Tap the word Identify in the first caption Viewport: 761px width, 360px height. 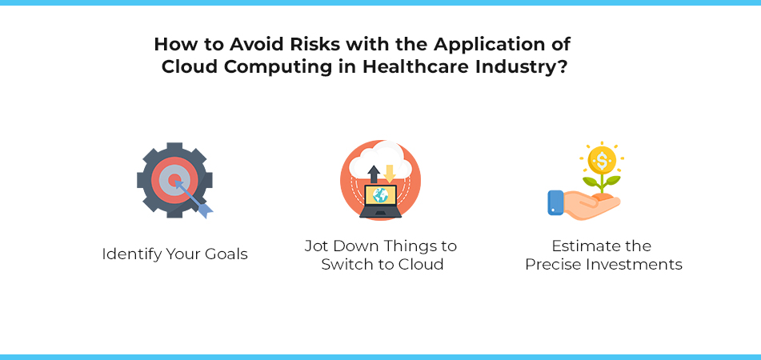pyautogui.click(x=130, y=254)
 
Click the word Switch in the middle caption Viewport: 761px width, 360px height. pyautogui.click(x=345, y=264)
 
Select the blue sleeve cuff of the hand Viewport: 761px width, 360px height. pyautogui.click(x=555, y=202)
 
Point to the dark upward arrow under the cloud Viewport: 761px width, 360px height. pyautogui.click(x=373, y=174)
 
